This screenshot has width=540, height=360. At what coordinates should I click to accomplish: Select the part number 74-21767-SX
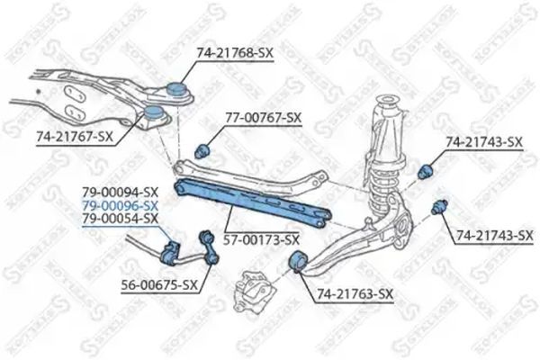75,138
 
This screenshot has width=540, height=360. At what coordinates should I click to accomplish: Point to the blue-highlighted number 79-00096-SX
119,205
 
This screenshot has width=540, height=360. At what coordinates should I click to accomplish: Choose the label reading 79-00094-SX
119,192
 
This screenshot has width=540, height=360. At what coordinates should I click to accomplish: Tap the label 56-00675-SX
157,285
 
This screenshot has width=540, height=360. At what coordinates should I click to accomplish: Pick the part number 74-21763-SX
354,294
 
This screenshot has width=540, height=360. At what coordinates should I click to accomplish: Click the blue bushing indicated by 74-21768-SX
176,90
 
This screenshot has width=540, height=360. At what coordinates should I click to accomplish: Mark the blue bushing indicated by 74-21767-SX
155,116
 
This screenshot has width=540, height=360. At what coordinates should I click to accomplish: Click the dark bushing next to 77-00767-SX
202,148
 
